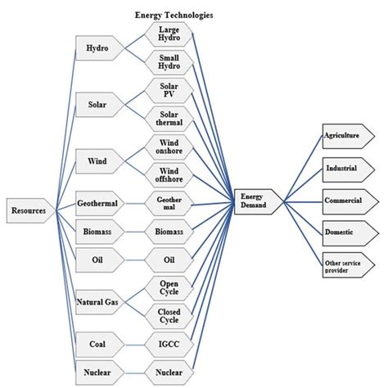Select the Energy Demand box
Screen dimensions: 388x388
(x=259, y=201)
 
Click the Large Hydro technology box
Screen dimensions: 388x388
(x=169, y=34)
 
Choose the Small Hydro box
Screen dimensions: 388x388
(x=169, y=62)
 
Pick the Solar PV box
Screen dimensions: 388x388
(x=169, y=90)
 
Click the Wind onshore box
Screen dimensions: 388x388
(x=169, y=147)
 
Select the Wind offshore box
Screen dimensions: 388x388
(x=169, y=175)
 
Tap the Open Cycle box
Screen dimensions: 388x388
(x=169, y=288)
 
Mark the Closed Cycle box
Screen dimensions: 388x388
(x=169, y=316)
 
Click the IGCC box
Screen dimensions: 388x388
(x=169, y=345)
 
